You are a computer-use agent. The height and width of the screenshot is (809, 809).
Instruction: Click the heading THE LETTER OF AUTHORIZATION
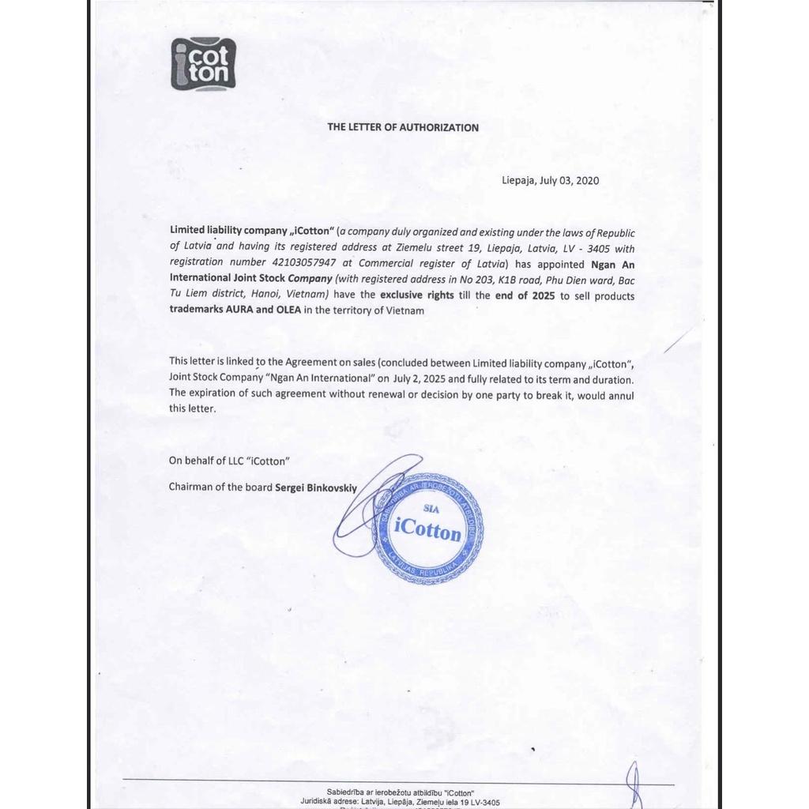[403, 127]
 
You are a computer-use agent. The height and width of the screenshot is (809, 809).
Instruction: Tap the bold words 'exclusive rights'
[417, 295]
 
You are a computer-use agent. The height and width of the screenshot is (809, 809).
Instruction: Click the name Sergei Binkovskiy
[315, 487]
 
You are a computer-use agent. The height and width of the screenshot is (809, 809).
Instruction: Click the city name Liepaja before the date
[518, 180]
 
